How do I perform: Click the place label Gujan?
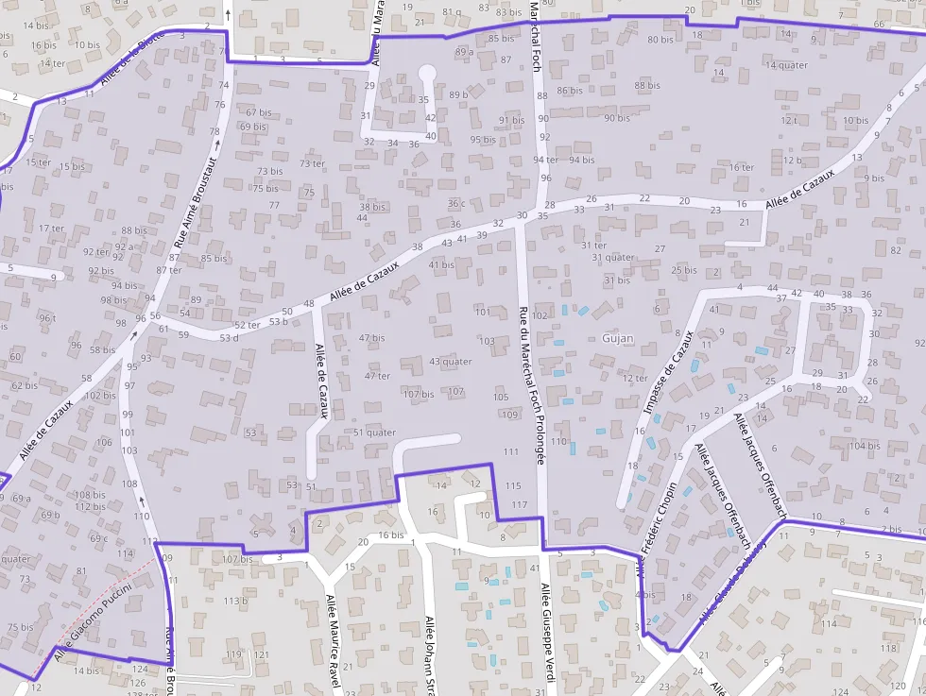(615, 337)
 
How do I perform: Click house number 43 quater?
(450, 361)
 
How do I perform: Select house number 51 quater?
(375, 433)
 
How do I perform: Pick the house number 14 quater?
(786, 65)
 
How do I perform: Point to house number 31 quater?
(613, 257)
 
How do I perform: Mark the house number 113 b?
(235, 601)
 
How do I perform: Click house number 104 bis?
(864, 446)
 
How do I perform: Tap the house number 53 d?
(229, 337)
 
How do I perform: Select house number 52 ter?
(247, 325)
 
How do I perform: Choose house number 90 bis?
(616, 118)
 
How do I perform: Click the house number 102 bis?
(99, 395)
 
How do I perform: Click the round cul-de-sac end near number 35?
(427, 72)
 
